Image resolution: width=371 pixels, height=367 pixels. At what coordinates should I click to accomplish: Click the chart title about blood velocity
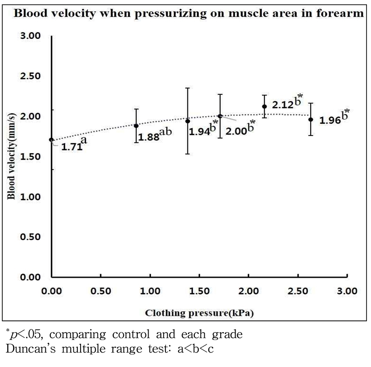click(188, 13)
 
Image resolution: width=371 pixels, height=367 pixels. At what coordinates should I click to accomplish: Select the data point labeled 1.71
click(51, 140)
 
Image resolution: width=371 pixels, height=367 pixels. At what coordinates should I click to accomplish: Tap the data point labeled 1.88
click(136, 126)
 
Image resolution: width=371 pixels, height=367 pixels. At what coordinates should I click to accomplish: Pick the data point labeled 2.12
click(265, 107)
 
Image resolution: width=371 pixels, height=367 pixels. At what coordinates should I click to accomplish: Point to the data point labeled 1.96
click(311, 119)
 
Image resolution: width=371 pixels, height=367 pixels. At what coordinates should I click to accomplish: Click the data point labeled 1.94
click(188, 121)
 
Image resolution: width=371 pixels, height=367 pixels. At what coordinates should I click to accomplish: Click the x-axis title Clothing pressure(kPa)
click(200, 313)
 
